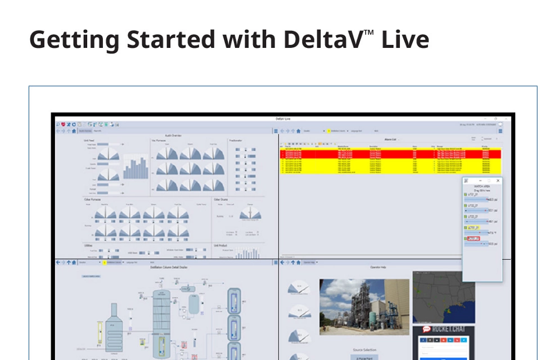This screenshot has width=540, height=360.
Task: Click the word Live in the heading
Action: [x=405, y=40]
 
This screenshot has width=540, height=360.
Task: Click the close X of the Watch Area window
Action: [x=498, y=181]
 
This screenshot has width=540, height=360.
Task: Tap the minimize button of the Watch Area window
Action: [x=480, y=181]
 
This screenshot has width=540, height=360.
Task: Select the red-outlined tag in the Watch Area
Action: [x=474, y=238]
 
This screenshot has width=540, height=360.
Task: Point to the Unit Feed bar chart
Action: [x=135, y=167]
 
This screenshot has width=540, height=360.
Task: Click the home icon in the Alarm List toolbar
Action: [x=298, y=131]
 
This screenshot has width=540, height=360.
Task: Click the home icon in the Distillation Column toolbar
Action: [x=74, y=262]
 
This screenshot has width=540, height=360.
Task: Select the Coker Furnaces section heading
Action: [x=92, y=199]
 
